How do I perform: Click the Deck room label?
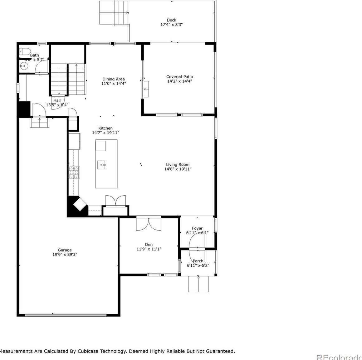click(x=171, y=20)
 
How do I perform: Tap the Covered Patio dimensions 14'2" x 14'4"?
click(x=179, y=81)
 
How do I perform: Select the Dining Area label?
click(x=114, y=79)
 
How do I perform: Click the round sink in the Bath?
click(x=23, y=66)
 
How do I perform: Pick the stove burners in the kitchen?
click(x=74, y=172)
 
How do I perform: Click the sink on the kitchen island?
click(x=101, y=164)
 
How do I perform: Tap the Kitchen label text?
click(x=105, y=128)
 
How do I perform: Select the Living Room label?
click(x=178, y=164)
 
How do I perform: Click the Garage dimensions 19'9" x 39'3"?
click(x=65, y=255)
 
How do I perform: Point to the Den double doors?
click(x=149, y=224)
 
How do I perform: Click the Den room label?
click(x=149, y=245)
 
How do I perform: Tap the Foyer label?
click(x=197, y=228)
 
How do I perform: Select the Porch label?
click(x=198, y=261)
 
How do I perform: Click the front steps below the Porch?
click(x=198, y=284)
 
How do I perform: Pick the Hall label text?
click(x=57, y=100)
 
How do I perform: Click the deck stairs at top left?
click(x=114, y=12)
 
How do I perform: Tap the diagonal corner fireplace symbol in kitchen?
click(x=79, y=205)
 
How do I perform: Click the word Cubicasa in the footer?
click(x=89, y=351)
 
